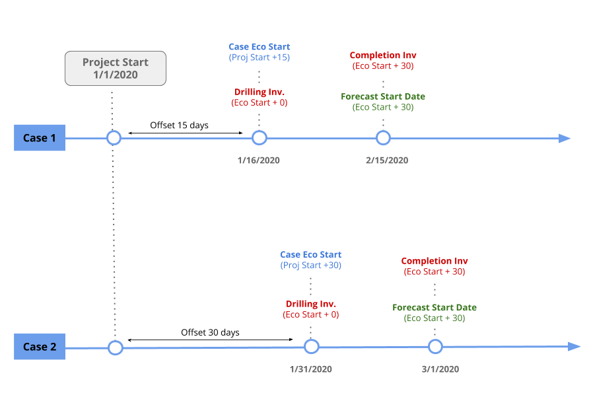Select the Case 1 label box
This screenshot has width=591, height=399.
point(40,138)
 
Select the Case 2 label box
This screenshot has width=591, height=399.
point(40,347)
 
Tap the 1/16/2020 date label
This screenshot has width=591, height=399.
point(258,161)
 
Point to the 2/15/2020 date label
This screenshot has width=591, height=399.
point(386,161)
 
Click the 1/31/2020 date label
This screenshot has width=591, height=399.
point(310,369)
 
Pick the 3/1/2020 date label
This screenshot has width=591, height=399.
point(440,369)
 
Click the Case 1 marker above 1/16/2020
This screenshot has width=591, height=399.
point(259,138)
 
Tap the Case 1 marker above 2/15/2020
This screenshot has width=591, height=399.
point(383,138)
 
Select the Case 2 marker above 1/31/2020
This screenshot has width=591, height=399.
point(311,347)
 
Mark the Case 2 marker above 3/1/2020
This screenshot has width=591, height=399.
point(435,347)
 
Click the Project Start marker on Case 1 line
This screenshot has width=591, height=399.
point(114,138)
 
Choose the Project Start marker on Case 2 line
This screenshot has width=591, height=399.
point(116,347)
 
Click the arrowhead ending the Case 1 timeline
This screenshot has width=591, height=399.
point(565,138)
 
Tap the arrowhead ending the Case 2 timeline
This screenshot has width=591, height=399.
point(574,347)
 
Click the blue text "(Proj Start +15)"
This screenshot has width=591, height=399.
point(260,57)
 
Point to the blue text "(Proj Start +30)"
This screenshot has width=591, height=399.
point(311,266)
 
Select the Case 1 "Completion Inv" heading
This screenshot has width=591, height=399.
point(383,55)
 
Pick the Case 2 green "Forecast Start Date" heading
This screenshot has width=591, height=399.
point(435,308)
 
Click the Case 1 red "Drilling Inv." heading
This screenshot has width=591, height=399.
point(260,92)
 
